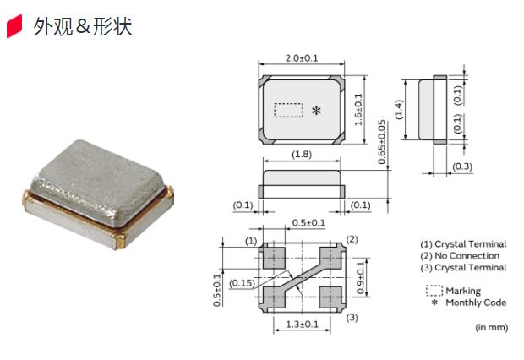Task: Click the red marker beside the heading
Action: click(x=14, y=28)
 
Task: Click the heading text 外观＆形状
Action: click(x=83, y=27)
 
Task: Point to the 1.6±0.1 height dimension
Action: click(x=358, y=110)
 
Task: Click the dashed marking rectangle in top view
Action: click(x=290, y=110)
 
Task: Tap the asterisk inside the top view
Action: click(x=316, y=111)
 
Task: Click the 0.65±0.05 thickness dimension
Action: click(x=382, y=140)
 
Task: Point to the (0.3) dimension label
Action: click(x=462, y=166)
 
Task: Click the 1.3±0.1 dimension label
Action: click(x=303, y=325)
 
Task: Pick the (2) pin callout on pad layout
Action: click(x=352, y=239)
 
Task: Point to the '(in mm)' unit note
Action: click(x=491, y=326)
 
